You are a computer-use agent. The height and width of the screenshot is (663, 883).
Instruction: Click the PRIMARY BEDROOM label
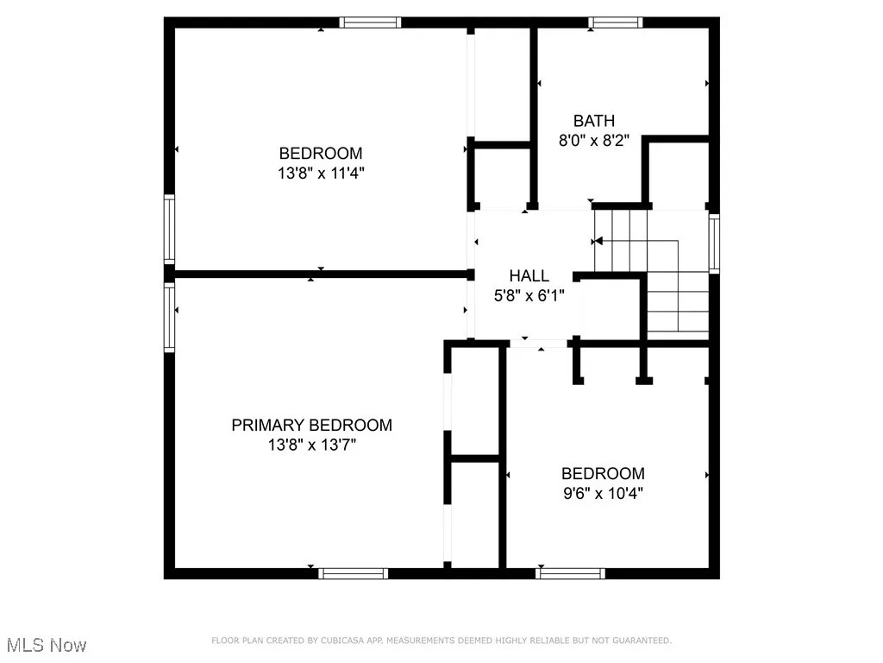pos(311,425)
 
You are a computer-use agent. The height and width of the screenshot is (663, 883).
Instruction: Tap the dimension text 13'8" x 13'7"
pos(311,445)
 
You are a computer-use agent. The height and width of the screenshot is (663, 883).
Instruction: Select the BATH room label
pos(594,121)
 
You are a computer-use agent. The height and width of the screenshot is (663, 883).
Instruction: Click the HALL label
pos(529,275)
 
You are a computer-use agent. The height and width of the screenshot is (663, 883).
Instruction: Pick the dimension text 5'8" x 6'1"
pos(529,296)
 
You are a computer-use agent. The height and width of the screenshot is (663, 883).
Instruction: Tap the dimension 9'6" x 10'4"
pos(603,494)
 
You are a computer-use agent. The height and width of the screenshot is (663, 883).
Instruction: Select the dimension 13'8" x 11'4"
pos(321,173)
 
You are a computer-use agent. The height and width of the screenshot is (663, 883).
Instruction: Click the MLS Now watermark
pos(46,645)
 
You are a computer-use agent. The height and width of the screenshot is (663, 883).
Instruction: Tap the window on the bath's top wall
pos(616,22)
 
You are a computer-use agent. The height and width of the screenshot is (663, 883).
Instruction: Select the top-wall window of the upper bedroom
pos(370,22)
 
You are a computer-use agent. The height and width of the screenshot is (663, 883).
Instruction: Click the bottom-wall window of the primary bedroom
pos(353,572)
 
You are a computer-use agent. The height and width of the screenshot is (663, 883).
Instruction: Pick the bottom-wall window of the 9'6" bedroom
pos(570,572)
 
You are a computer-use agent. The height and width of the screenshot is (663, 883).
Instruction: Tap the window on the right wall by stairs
pos(713,243)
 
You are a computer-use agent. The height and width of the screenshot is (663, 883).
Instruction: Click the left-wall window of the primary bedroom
pos(170,317)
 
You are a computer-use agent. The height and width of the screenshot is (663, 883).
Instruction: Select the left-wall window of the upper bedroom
pos(170,229)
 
